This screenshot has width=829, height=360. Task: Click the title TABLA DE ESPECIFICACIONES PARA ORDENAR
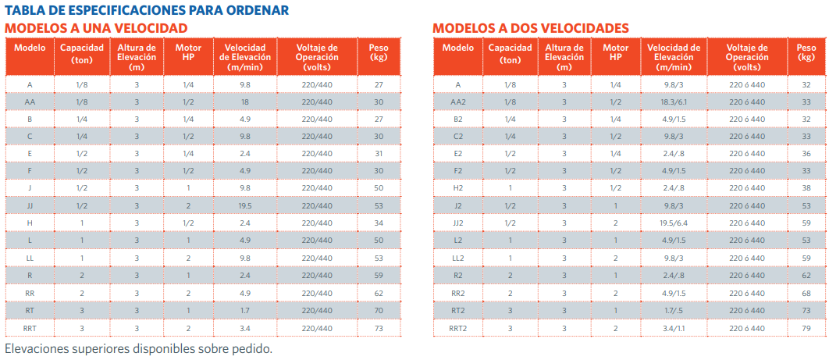click(x=147, y=10)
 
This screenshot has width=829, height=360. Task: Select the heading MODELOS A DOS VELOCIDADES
click(x=531, y=28)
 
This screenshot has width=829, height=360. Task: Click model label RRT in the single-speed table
click(x=30, y=328)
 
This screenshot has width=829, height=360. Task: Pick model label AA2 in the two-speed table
click(x=457, y=102)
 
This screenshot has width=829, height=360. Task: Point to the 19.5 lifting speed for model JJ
click(x=244, y=205)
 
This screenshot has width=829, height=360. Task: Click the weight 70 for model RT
click(x=379, y=309)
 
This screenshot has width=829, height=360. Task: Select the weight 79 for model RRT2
click(x=806, y=328)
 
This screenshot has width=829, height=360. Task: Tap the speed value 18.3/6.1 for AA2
click(x=674, y=102)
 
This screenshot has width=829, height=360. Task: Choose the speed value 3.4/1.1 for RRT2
click(x=674, y=328)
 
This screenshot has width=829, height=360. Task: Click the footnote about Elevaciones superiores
click(x=138, y=348)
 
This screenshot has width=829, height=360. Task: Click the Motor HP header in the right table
click(x=616, y=53)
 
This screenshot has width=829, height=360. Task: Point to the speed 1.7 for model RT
click(x=244, y=309)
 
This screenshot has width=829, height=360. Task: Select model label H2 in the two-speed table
click(x=457, y=188)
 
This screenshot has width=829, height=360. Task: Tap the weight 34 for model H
click(x=379, y=223)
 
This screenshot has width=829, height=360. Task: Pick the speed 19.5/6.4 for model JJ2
click(x=674, y=223)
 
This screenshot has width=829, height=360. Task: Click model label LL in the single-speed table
click(x=30, y=258)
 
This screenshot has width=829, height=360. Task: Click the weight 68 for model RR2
click(x=806, y=293)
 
